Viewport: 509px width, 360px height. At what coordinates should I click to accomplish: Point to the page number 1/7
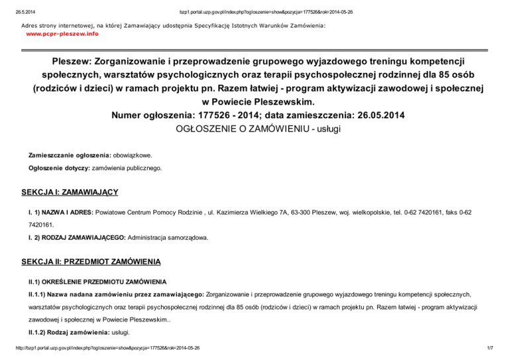pos(494,347)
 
